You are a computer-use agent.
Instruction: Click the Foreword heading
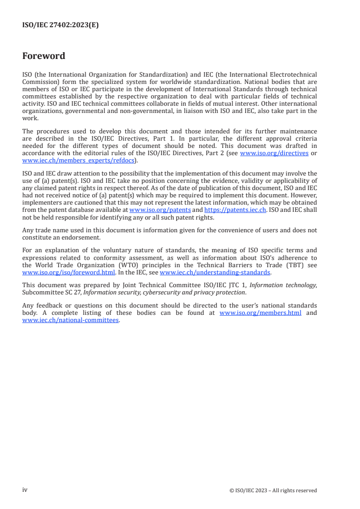tap(44, 56)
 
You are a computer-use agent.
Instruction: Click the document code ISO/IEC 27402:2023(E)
tap(60, 25)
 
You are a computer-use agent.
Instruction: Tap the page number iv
tap(25, 490)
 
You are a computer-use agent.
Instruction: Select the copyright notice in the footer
tap(273, 490)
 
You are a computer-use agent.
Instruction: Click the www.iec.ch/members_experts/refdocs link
tap(72, 160)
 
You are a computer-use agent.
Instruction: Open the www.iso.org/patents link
tap(160, 210)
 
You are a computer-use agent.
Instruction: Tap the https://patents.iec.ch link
tap(235, 210)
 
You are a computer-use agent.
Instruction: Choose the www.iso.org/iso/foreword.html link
tap(69, 273)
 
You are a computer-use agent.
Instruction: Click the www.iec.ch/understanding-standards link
tap(215, 273)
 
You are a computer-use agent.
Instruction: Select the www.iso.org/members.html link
tap(260, 313)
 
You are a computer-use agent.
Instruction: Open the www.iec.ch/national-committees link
tap(70, 320)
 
